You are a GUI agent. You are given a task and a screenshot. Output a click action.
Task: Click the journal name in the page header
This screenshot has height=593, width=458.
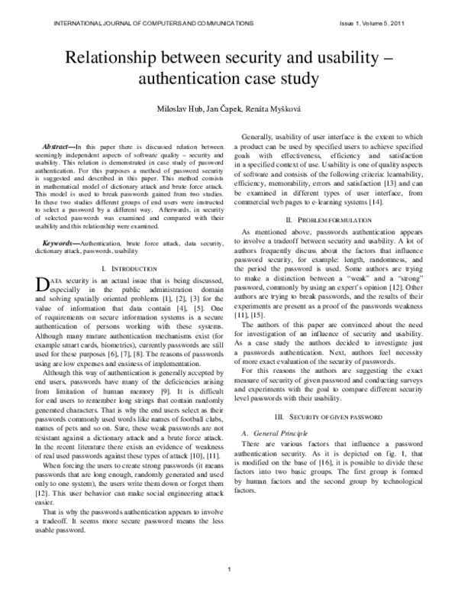[153, 24]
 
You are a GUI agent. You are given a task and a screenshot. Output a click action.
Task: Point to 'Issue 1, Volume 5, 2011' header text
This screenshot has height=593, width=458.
[370, 24]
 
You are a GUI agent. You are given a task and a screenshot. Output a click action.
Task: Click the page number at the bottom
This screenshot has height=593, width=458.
[229, 568]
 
